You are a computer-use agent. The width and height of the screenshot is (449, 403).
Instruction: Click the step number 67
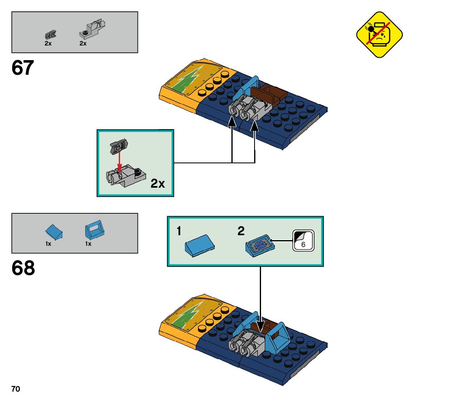point(23,68)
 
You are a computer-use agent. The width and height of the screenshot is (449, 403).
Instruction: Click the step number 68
point(23,269)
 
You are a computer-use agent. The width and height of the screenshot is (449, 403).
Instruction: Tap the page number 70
point(16,389)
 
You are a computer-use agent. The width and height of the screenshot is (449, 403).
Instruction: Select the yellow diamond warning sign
point(379,35)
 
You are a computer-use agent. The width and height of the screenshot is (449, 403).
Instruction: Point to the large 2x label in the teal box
point(158,184)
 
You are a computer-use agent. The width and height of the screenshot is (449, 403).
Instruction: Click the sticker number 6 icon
point(303,241)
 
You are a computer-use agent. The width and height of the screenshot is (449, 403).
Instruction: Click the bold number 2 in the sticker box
point(241,232)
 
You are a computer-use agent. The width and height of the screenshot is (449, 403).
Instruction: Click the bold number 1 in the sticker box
point(179,232)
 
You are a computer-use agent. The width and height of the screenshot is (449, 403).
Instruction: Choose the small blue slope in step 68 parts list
point(54,232)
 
